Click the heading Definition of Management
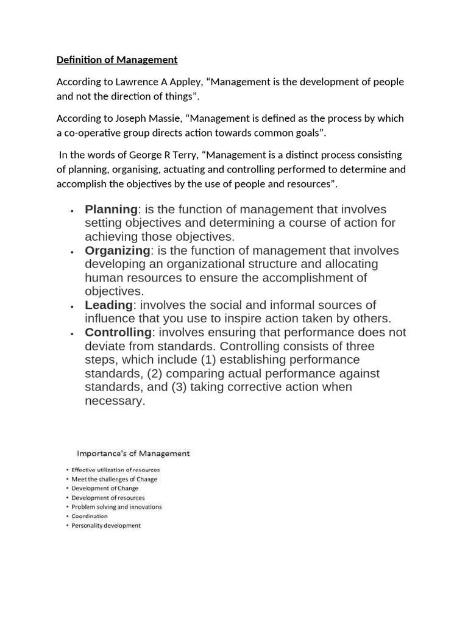coord(117,60)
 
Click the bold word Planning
coord(111,210)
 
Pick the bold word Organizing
coord(117,250)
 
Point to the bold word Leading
coord(108,305)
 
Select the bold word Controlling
coord(118,332)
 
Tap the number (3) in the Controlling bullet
coord(177,387)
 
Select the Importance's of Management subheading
coord(133,453)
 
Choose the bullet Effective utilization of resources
coord(115,470)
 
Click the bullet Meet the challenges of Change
coord(114,479)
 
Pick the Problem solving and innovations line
coord(116,507)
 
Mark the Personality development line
coord(105,525)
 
